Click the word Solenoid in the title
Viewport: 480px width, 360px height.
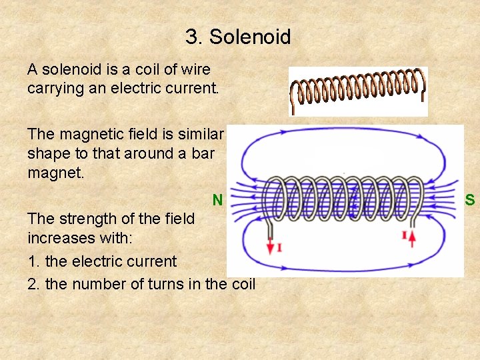point(250,37)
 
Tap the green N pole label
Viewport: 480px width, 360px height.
point(217,199)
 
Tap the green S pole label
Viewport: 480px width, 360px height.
point(470,199)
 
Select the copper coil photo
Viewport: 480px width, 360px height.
point(358,91)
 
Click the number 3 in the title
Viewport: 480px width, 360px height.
point(192,37)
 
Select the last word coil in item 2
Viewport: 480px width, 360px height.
point(243,284)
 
